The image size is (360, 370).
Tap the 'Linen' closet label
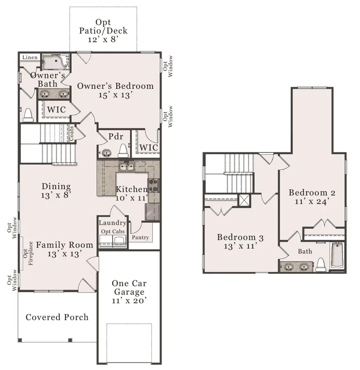tap(30, 58)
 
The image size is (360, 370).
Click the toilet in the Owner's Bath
tap(28, 115)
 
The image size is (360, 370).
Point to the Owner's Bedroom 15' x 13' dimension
tap(115, 95)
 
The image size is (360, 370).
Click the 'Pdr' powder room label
tap(113, 136)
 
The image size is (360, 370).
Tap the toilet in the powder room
tap(123, 150)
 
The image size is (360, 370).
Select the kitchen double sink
tap(126, 165)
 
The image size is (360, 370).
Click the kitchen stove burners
tap(154, 185)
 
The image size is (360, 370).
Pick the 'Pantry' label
tap(140, 237)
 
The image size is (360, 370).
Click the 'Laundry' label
tap(112, 223)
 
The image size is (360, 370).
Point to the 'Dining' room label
tap(56, 186)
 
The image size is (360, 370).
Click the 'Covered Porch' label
tap(57, 317)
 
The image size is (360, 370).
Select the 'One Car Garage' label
tap(129, 288)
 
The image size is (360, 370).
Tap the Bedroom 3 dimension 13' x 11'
tap(240, 247)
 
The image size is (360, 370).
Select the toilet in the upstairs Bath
tap(320, 265)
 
